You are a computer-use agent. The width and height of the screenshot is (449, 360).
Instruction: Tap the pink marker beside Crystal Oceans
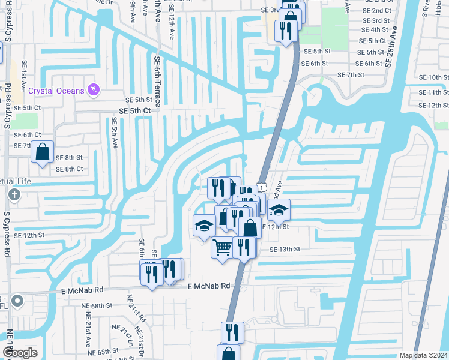(x=93, y=90)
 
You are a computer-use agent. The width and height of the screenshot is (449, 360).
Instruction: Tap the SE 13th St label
(x=285, y=249)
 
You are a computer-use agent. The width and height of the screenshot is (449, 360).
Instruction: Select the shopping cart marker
(x=222, y=247)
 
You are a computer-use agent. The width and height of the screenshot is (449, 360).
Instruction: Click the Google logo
(x=20, y=352)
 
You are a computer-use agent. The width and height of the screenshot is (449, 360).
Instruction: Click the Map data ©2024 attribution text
(x=423, y=355)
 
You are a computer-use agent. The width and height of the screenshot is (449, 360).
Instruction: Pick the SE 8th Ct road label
(x=69, y=169)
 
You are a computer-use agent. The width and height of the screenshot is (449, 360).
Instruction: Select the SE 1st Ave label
(x=25, y=72)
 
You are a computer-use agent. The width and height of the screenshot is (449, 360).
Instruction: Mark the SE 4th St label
(x=376, y=29)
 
